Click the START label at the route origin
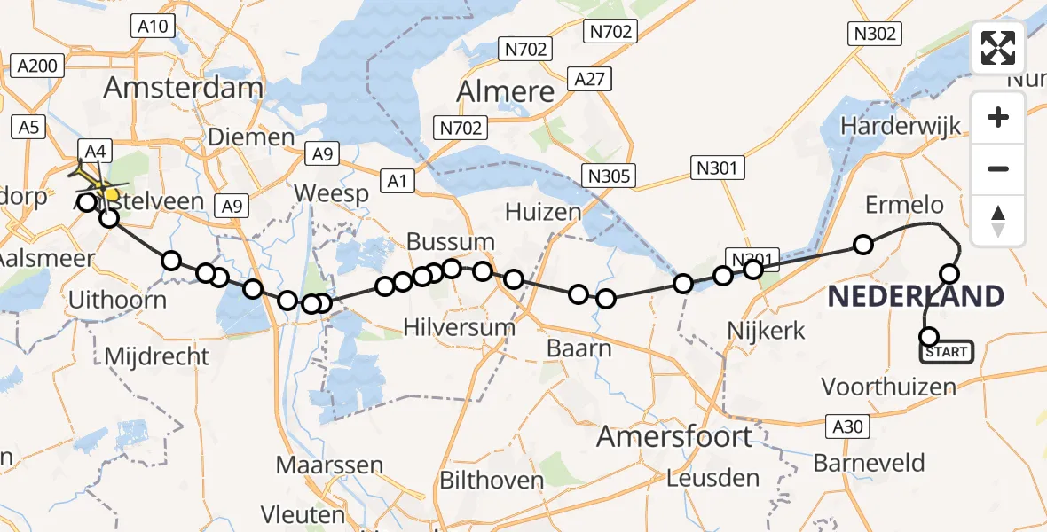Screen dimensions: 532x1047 tap(947, 352)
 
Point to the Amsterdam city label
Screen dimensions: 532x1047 tap(184, 88)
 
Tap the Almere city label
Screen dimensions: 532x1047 tap(506, 90)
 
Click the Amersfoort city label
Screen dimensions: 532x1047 tap(674, 436)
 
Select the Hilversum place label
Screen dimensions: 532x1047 tap(460, 327)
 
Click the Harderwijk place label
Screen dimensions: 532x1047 tap(901, 126)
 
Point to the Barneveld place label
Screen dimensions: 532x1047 tap(869, 463)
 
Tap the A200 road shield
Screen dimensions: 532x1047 tap(37, 66)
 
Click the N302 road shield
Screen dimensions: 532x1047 tap(874, 34)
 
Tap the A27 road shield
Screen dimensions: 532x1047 tap(589, 79)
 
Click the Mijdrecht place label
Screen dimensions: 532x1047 tap(157, 356)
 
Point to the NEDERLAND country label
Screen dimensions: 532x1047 tap(916, 296)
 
